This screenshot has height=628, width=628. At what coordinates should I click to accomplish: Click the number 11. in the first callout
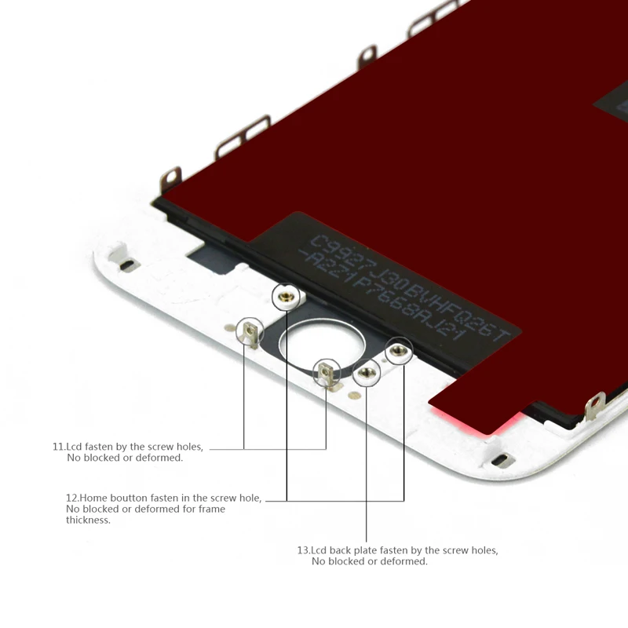point(59,447)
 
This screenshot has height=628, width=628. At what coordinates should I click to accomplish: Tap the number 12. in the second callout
point(72,498)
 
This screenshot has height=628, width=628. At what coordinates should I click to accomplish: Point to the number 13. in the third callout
point(304,550)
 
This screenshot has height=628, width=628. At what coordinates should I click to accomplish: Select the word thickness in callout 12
point(88,520)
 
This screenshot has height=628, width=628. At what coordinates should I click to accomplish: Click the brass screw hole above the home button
point(287,297)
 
